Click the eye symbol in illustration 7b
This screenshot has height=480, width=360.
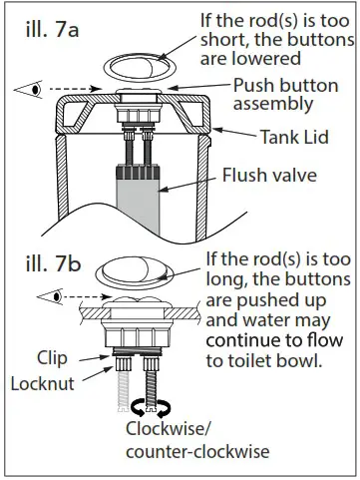[49, 296]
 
